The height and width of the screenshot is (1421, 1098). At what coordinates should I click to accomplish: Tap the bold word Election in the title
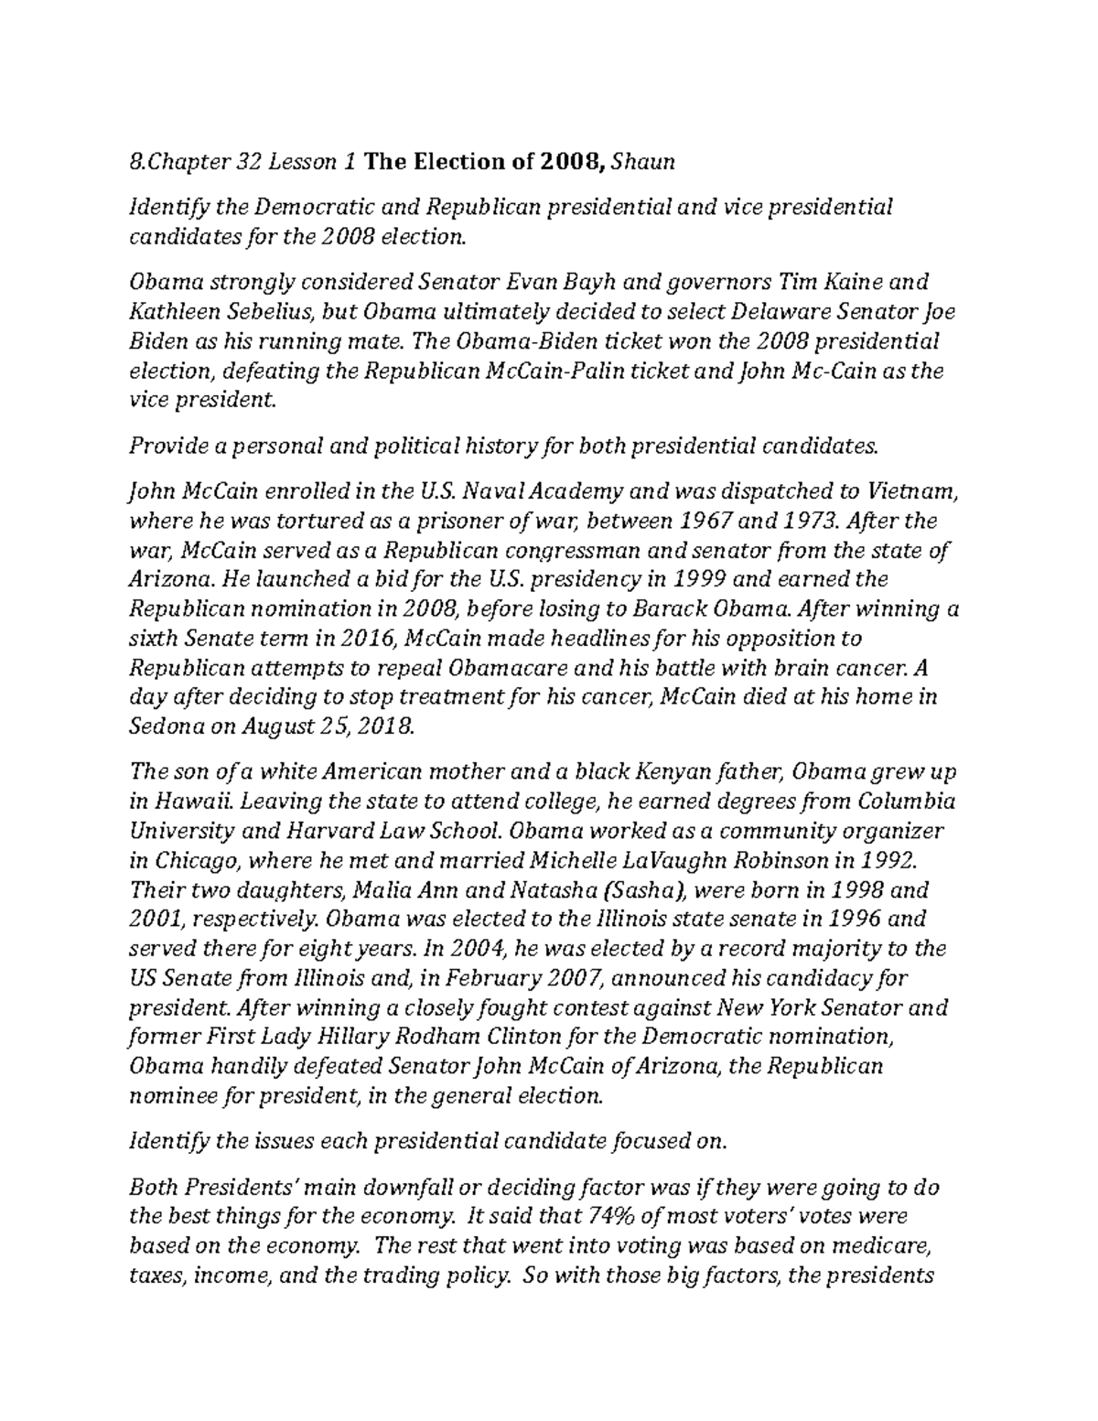pos(454,163)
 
